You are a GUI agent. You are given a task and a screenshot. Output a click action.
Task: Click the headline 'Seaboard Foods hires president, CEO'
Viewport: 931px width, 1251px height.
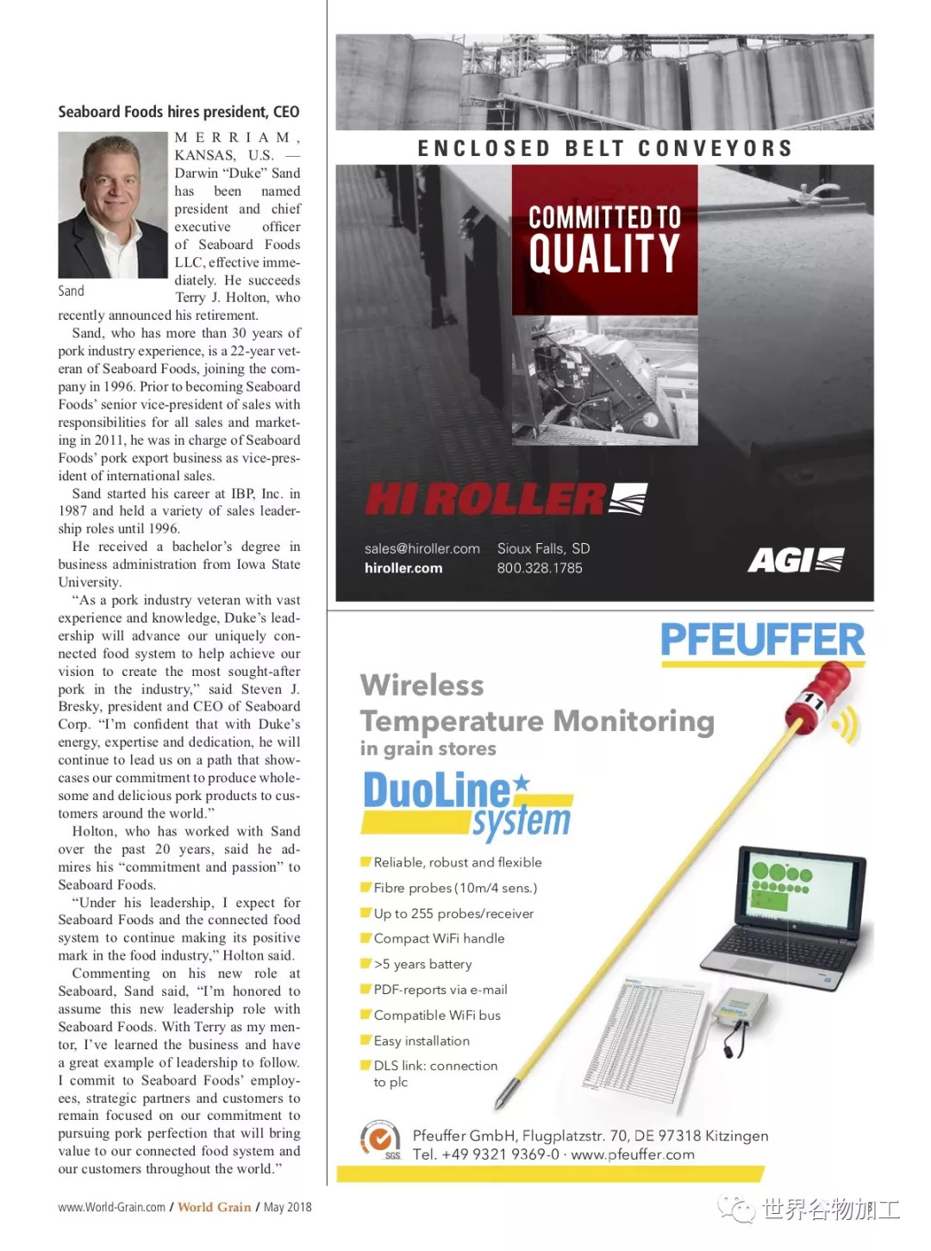(178, 112)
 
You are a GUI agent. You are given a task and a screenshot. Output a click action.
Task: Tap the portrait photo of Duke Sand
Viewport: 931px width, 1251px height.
(112, 205)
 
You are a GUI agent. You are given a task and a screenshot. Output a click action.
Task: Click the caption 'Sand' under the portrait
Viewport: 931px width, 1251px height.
(72, 291)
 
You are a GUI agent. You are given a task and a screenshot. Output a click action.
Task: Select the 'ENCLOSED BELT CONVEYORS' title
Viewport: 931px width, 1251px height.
(604, 149)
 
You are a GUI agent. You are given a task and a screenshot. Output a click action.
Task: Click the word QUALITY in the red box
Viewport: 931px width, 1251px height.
(604, 253)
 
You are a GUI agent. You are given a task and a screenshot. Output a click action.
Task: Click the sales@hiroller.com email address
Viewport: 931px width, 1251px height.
(422, 548)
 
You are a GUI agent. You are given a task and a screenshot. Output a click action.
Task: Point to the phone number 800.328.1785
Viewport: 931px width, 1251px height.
(540, 568)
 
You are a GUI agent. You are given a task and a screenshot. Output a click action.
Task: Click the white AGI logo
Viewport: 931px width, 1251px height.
(795, 561)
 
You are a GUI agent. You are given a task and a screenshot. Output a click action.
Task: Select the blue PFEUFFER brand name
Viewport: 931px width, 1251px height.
(762, 641)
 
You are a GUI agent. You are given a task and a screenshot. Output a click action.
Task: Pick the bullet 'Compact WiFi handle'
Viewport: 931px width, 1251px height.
(439, 939)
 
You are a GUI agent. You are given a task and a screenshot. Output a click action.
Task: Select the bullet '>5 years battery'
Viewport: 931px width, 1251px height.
(422, 965)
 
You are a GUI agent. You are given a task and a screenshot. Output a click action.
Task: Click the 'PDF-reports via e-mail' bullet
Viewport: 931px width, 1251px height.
(440, 990)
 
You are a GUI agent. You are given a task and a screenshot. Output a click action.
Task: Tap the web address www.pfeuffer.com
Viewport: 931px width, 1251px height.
(633, 1154)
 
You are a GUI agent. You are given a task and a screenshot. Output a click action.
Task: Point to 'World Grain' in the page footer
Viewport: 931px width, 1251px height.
(215, 1207)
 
